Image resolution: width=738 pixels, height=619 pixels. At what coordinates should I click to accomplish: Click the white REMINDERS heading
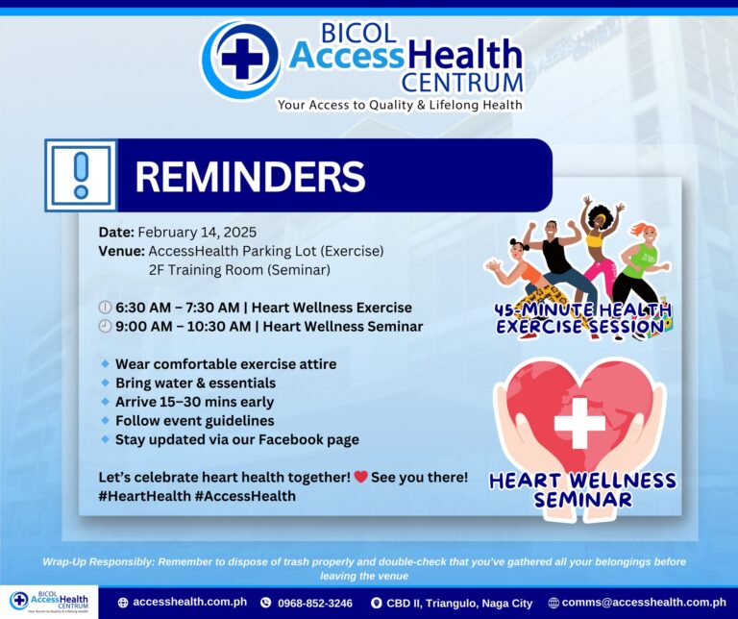250,177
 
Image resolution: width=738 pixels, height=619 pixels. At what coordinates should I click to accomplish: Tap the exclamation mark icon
81,175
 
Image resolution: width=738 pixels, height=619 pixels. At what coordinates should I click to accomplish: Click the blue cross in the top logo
242,59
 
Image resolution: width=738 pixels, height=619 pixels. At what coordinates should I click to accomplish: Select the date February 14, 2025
197,232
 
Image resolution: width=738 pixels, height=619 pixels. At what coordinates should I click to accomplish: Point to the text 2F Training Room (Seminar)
239,270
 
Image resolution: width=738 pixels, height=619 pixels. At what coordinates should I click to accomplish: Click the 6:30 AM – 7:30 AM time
178,308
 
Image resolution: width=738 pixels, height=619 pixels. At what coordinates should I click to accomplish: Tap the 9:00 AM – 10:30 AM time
184,326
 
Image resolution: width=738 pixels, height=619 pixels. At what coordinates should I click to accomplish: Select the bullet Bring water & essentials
195,383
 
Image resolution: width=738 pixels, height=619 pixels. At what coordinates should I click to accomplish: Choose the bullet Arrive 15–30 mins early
194,402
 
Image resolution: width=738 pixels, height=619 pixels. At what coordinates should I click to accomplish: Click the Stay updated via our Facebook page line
237,439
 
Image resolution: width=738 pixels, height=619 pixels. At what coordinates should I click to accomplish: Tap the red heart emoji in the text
361,477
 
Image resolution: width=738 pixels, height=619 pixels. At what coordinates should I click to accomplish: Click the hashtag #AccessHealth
245,496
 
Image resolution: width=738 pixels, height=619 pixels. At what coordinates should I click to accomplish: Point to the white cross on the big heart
579,423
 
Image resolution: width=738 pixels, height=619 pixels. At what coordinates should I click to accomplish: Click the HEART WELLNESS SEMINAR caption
582,490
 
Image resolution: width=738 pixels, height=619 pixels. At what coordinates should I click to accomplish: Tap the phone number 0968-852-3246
315,603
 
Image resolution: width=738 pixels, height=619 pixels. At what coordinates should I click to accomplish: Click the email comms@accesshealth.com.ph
644,602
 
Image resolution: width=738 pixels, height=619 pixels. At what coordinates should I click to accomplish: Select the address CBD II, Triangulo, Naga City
459,603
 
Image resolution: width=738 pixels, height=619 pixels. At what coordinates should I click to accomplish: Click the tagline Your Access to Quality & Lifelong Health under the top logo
400,105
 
